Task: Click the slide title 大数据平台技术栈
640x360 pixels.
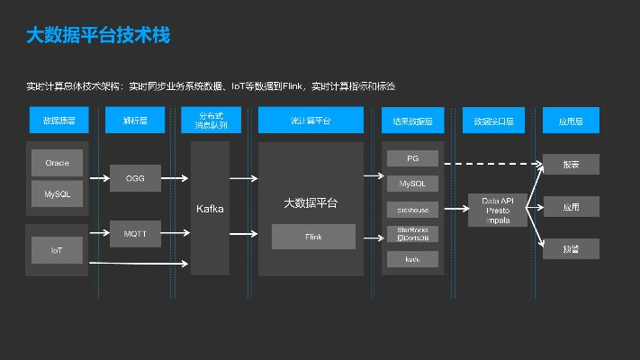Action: [98, 36]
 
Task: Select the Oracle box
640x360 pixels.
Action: [57, 163]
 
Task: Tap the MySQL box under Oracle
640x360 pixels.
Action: [57, 193]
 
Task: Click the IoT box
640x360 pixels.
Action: [57, 249]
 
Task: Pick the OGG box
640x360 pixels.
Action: [135, 178]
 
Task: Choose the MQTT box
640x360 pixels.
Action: [135, 235]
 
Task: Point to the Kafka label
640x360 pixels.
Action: [210, 208]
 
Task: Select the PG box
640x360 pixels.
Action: [413, 158]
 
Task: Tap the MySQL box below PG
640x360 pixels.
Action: [413, 184]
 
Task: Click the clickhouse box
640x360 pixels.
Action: [413, 209]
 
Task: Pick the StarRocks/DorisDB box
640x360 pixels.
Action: [413, 233]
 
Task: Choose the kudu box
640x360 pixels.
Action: [413, 258]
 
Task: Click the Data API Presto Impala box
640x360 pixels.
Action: [497, 209]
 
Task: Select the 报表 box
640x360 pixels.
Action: [571, 165]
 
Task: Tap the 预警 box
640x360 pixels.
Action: [571, 248]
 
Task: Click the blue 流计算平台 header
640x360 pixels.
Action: [311, 120]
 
